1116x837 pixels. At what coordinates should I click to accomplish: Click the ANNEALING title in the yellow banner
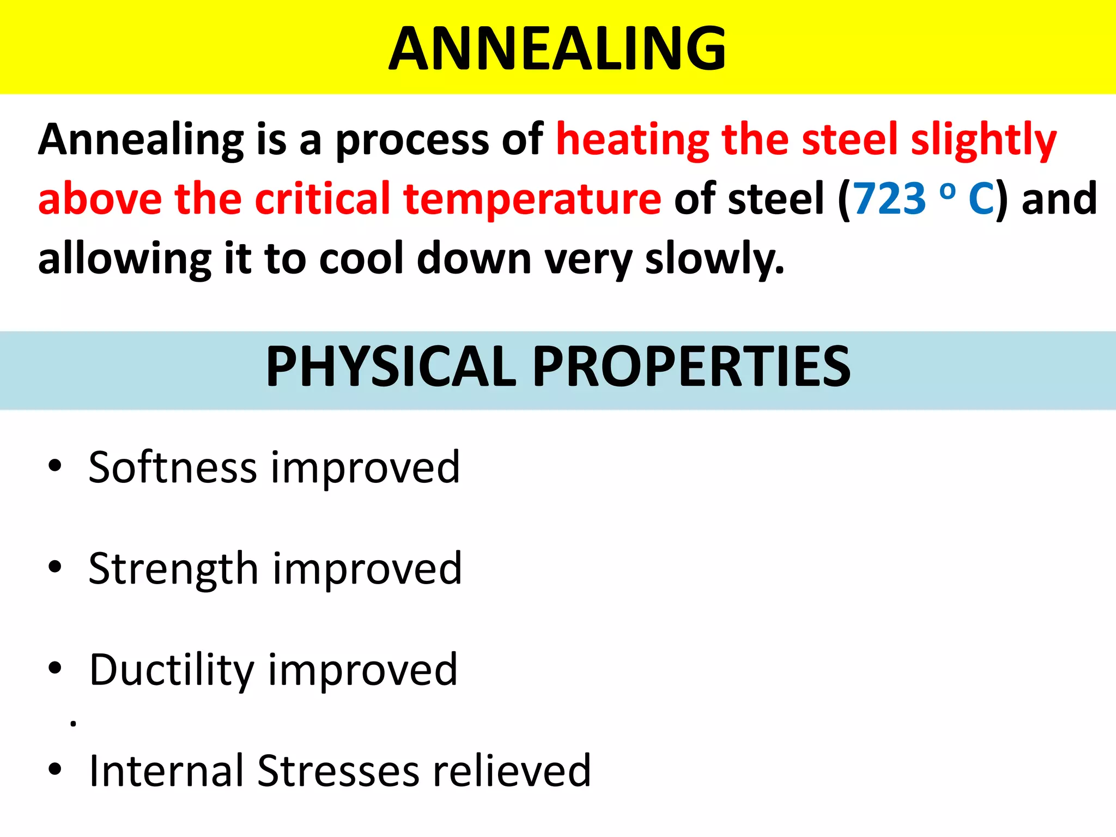[x=557, y=49]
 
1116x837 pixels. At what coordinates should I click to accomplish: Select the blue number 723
[x=889, y=198]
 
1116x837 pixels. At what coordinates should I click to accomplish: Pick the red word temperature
[x=532, y=199]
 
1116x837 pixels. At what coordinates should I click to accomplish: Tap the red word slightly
[x=984, y=140]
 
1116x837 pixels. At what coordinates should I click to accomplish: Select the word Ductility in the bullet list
[x=172, y=670]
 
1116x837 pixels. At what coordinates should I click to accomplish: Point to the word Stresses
[x=338, y=771]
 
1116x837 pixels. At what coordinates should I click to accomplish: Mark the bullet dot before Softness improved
[x=54, y=466]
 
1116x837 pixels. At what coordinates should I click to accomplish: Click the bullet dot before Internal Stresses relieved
[x=54, y=769]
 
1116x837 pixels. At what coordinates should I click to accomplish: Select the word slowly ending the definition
[x=714, y=259]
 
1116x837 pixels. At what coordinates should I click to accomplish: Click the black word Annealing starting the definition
[x=141, y=140]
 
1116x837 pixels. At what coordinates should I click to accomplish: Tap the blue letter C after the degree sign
[x=981, y=198]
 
